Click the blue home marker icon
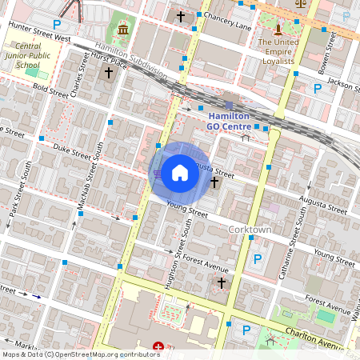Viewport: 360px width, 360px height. pos(180,172)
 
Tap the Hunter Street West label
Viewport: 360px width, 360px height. pos(39,33)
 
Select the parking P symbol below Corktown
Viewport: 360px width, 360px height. pos(257,259)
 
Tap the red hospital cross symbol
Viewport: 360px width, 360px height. pos(158,346)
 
